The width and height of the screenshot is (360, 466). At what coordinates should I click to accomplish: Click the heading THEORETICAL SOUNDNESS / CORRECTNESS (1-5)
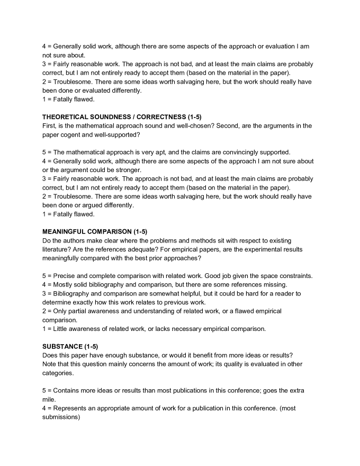click(122, 116)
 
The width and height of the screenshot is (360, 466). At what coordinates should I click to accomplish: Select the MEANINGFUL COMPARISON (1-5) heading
click(95, 231)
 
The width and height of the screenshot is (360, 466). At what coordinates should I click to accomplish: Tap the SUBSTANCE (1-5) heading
click(70, 346)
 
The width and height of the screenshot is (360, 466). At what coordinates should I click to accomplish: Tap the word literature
click(55, 249)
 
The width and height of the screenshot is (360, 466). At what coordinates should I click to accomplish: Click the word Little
click(61, 329)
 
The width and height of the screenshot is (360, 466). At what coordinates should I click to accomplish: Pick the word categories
click(58, 373)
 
